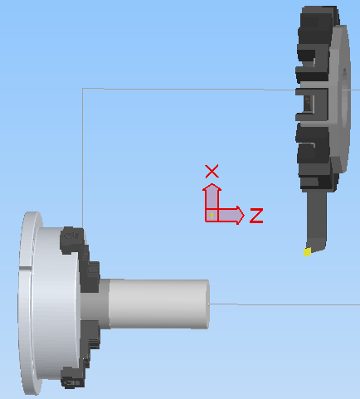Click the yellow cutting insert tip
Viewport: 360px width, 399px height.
pos(307,252)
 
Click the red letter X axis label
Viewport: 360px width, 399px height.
pos(212,172)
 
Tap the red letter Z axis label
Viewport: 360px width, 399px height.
pos(256,216)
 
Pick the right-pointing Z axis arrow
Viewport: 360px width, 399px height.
pos(231,215)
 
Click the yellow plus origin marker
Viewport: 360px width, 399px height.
pos(212,216)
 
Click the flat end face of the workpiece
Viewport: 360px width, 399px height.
pos(208,304)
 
